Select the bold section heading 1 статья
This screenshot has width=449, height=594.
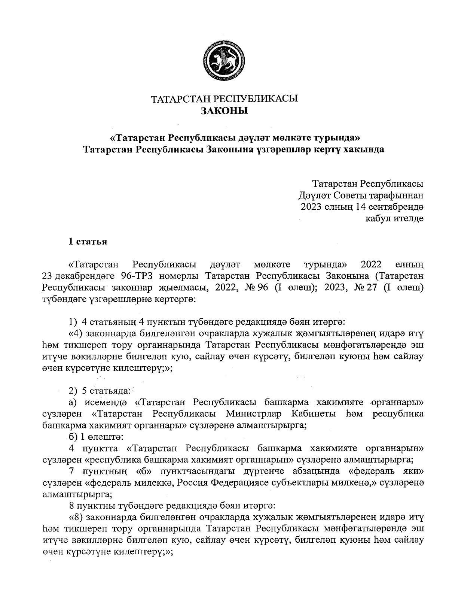[88, 242]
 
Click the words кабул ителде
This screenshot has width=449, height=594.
[394, 218]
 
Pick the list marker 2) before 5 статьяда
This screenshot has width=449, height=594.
[73, 391]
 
